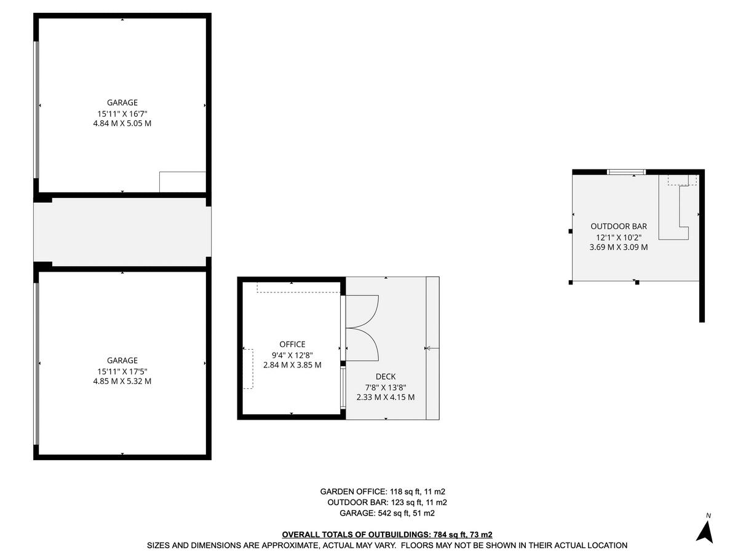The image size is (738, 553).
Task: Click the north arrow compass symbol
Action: click(705, 530)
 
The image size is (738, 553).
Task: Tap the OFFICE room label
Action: click(292, 344)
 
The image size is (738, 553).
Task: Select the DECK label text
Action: click(386, 377)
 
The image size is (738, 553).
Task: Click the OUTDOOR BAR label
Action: click(619, 226)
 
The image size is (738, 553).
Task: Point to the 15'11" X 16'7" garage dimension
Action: click(122, 113)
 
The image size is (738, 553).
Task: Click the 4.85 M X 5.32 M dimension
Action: click(122, 381)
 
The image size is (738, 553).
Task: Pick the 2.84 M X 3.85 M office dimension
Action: click(292, 365)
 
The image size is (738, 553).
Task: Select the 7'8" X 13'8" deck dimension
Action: click(386, 387)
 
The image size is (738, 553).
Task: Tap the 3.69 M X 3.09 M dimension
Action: click(619, 247)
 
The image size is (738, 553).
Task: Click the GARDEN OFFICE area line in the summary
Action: click(383, 492)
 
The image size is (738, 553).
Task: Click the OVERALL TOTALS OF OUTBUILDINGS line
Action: click(387, 535)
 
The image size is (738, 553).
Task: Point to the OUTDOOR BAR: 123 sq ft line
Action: click(387, 502)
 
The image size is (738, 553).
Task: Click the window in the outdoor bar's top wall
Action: click(626, 172)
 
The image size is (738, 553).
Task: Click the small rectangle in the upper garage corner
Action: click(182, 182)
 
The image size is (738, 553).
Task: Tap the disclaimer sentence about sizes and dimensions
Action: click(387, 545)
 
